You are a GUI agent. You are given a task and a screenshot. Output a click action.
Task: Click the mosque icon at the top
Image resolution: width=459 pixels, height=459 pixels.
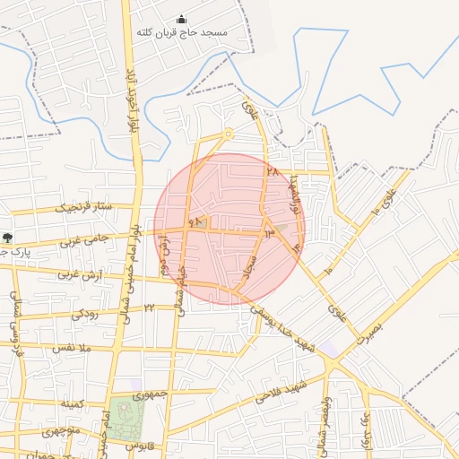point(182,20)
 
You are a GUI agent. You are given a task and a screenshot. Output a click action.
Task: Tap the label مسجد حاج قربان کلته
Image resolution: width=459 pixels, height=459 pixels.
point(182,33)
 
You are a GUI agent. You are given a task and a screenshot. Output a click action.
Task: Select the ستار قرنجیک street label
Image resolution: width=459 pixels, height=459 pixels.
point(85,208)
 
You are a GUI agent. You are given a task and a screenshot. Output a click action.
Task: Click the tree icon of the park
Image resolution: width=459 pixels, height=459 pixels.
point(7,238)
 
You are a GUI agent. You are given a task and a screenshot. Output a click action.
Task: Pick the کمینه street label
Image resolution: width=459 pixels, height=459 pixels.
point(72,405)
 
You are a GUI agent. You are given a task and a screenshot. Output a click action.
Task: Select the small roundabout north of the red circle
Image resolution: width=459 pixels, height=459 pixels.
point(228,134)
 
